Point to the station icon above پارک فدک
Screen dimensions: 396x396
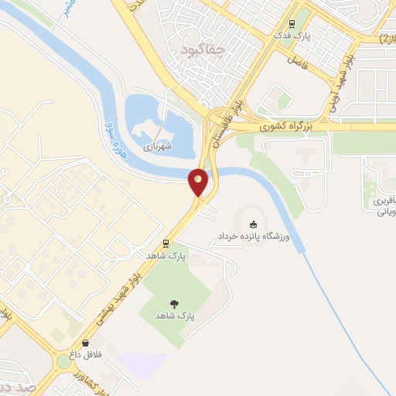292,24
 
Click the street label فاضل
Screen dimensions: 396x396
298,59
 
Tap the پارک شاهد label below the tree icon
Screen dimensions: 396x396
174,316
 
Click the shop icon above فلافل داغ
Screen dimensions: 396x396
84,343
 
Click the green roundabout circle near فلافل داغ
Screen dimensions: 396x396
63,362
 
